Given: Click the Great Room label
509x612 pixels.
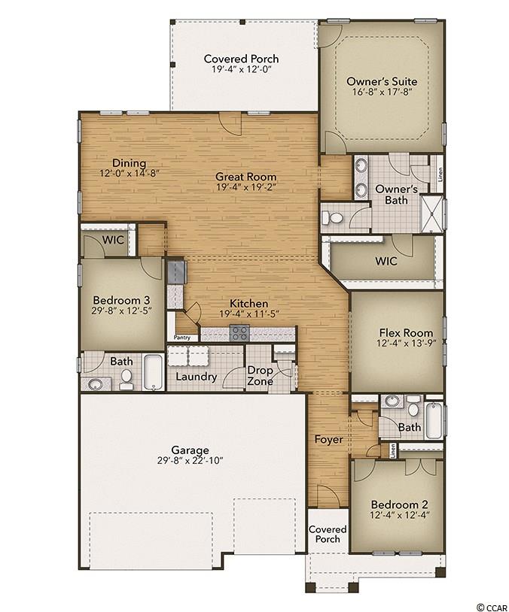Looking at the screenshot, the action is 246,177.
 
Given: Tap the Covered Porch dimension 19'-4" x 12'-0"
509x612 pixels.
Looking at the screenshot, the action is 242,70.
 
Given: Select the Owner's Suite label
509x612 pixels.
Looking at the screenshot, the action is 382,81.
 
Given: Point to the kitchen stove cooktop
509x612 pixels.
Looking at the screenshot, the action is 239,333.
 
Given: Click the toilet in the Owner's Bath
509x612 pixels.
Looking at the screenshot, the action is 332,218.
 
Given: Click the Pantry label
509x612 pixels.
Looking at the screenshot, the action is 181,338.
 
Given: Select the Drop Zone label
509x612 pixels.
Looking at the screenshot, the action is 260,375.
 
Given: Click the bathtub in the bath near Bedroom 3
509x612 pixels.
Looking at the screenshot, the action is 154,371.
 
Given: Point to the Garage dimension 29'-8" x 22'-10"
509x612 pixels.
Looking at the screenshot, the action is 190,461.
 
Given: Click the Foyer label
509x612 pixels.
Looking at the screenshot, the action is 329,440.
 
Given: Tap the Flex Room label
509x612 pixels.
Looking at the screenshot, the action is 406,333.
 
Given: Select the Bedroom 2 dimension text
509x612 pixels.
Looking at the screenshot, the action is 400,515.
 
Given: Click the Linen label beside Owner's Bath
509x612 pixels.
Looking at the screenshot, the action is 440,175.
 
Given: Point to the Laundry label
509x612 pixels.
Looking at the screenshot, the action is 197,377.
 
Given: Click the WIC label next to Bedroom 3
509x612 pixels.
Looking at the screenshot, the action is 114,240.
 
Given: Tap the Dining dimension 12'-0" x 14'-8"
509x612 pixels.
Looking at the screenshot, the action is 130,173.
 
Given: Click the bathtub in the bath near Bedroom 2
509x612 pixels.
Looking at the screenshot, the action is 434,420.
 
